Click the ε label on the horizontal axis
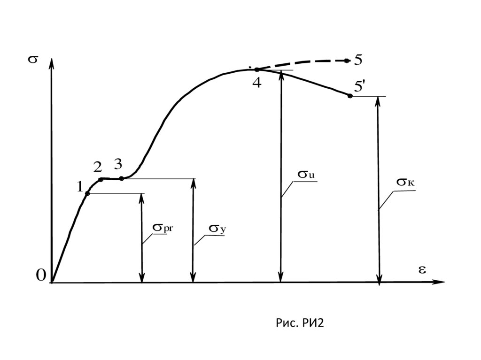(422, 269)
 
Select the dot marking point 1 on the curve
(87, 193)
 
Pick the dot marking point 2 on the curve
(101, 180)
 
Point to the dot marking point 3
(122, 178)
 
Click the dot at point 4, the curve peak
(256, 69)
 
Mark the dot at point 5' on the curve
(349, 96)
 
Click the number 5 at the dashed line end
(358, 60)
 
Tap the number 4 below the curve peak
(256, 83)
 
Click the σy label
(214, 229)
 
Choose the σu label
(305, 175)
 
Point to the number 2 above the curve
(98, 167)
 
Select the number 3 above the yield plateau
(118, 164)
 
